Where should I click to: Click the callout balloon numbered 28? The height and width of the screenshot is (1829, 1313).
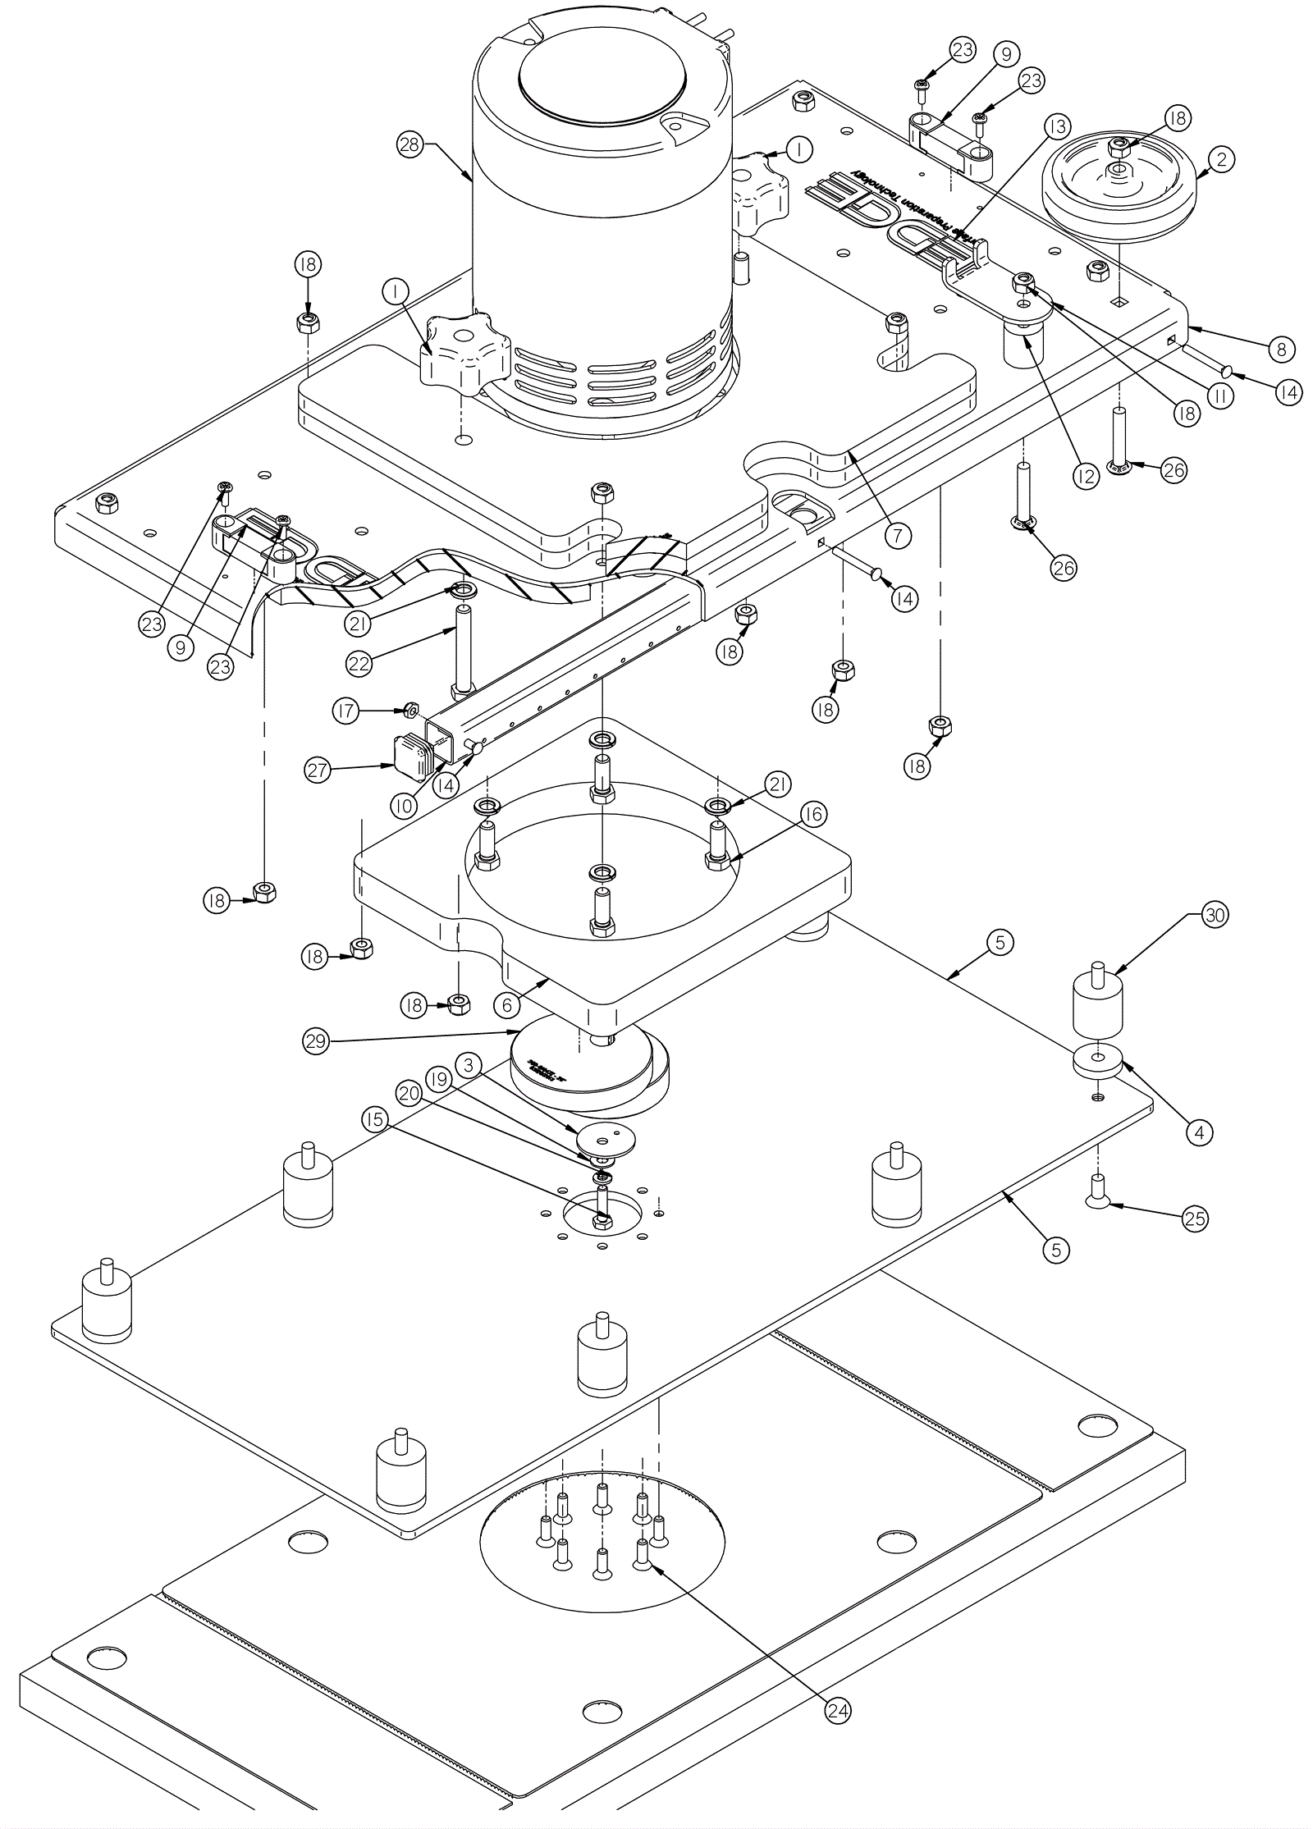[409, 145]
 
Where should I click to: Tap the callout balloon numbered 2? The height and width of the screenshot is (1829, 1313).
[1221, 159]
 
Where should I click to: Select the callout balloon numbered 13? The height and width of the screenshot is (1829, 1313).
[1058, 126]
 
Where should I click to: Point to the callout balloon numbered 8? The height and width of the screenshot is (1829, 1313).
[1281, 349]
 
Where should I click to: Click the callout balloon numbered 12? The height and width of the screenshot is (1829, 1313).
[1086, 476]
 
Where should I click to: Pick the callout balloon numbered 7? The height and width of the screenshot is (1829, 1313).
[898, 536]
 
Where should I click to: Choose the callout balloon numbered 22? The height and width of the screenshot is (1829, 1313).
[359, 663]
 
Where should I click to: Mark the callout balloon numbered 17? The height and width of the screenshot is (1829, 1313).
[345, 711]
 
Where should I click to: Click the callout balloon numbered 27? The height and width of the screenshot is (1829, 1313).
[318, 770]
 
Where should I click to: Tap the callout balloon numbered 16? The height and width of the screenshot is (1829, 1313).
[812, 814]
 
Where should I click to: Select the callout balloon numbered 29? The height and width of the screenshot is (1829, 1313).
[316, 1041]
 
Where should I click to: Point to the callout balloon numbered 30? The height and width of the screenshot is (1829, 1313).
[1215, 914]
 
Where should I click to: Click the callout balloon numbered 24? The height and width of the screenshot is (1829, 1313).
[838, 1710]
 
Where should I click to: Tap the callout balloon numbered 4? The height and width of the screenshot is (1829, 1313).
[1199, 1133]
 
